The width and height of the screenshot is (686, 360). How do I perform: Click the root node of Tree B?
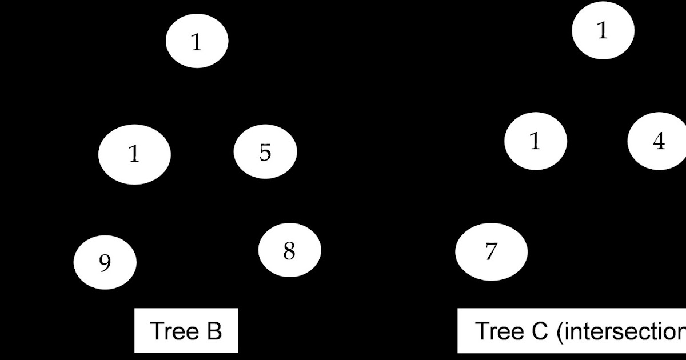click(x=197, y=41)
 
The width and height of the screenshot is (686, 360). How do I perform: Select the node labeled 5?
click(x=265, y=151)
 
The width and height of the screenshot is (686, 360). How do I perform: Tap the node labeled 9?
click(x=105, y=262)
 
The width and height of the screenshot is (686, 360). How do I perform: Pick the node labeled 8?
click(x=289, y=250)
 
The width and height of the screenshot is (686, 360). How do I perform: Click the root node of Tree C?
click(x=603, y=31)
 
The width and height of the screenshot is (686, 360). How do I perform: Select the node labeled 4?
click(x=658, y=141)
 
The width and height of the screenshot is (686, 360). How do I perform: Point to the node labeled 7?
click(x=491, y=251)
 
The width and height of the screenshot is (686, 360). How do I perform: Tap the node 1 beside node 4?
click(x=536, y=141)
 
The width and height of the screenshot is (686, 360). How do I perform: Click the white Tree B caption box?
click(x=186, y=331)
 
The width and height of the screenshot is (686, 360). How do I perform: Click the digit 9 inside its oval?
click(x=105, y=263)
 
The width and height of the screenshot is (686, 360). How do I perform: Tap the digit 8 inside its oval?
click(x=289, y=250)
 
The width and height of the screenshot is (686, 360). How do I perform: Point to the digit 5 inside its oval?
click(x=265, y=153)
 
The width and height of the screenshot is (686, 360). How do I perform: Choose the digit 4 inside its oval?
click(x=659, y=141)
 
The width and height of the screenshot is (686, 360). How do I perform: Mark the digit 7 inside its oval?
click(x=491, y=252)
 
